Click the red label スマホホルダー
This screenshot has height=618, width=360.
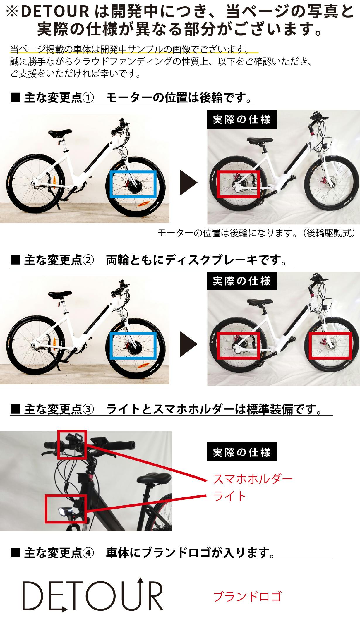tap(253, 479)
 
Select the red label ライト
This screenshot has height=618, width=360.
tap(229, 496)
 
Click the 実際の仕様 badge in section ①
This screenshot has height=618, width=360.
tap(242, 119)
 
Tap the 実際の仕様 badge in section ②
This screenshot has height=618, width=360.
tap(242, 281)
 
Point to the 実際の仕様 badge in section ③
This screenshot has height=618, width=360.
tap(242, 452)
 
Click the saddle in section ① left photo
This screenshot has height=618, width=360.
tap(60, 133)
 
